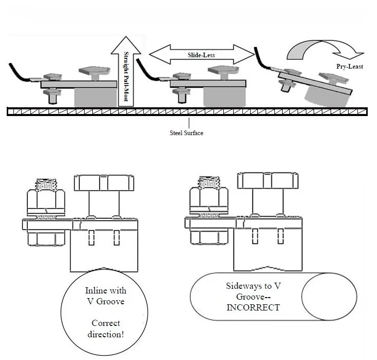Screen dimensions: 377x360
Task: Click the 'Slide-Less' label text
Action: (x=201, y=55)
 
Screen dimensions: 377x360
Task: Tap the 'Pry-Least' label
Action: (x=350, y=67)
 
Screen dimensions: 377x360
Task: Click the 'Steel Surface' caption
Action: (x=186, y=133)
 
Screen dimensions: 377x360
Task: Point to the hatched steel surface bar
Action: (x=187, y=111)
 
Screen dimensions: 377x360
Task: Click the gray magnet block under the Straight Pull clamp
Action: (x=95, y=97)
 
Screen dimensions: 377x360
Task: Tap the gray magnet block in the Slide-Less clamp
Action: (x=224, y=97)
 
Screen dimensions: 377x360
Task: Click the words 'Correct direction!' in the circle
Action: (x=106, y=329)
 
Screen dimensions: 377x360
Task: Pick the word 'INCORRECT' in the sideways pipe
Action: (x=253, y=307)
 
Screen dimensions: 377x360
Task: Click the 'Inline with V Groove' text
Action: (x=106, y=296)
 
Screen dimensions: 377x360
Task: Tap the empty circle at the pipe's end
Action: (x=329, y=297)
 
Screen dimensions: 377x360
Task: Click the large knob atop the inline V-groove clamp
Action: (x=104, y=183)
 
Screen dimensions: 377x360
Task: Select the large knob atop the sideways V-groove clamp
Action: (x=268, y=181)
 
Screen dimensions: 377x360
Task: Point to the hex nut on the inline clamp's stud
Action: (x=46, y=199)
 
